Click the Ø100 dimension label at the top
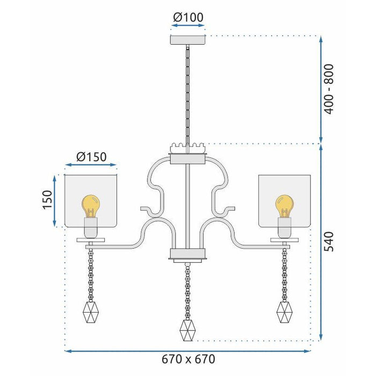click(188, 17)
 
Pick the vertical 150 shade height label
click(47, 200)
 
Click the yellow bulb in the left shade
click(91, 205)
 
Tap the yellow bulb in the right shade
click(285, 205)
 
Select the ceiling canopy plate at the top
click(187, 40)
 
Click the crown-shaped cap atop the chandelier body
click(187, 147)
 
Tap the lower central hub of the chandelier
click(187, 255)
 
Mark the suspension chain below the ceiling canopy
click(187, 91)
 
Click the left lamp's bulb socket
click(91, 227)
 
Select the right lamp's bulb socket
click(285, 227)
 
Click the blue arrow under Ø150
click(91, 166)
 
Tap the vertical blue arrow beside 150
click(55, 200)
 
